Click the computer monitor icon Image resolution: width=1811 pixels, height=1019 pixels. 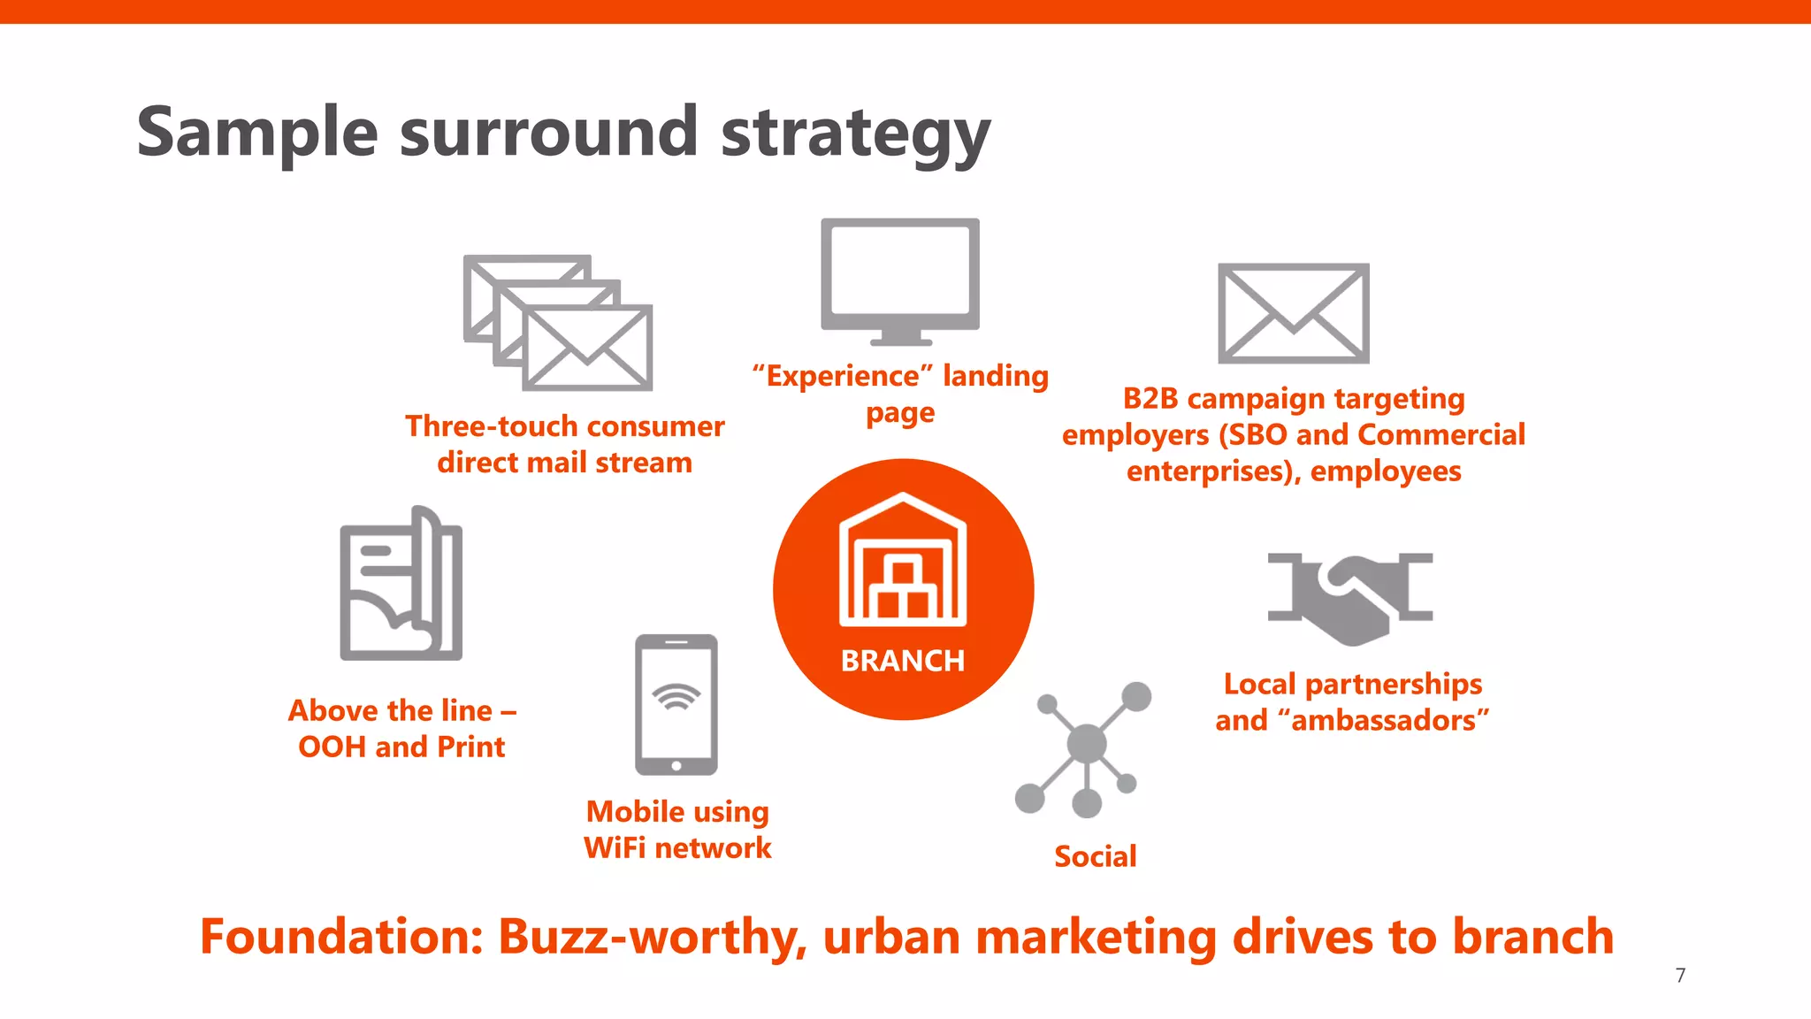[900, 280]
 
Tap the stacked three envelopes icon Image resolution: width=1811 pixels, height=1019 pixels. [558, 323]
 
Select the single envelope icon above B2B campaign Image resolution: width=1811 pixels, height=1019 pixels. [1293, 313]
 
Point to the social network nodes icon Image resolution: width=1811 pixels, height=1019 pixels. [1085, 748]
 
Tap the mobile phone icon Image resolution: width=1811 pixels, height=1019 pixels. [676, 705]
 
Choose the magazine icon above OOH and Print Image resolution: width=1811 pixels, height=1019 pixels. [401, 586]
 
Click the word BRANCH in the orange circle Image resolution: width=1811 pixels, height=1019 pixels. [902, 661]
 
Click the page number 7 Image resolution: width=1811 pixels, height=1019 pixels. [1680, 975]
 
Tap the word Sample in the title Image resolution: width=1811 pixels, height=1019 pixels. [257, 133]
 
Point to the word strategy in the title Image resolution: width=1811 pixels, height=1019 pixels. [855, 133]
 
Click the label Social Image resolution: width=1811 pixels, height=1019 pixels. [1095, 856]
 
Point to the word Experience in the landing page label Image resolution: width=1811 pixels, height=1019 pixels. [843, 377]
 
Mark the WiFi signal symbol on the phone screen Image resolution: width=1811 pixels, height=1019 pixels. [676, 697]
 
